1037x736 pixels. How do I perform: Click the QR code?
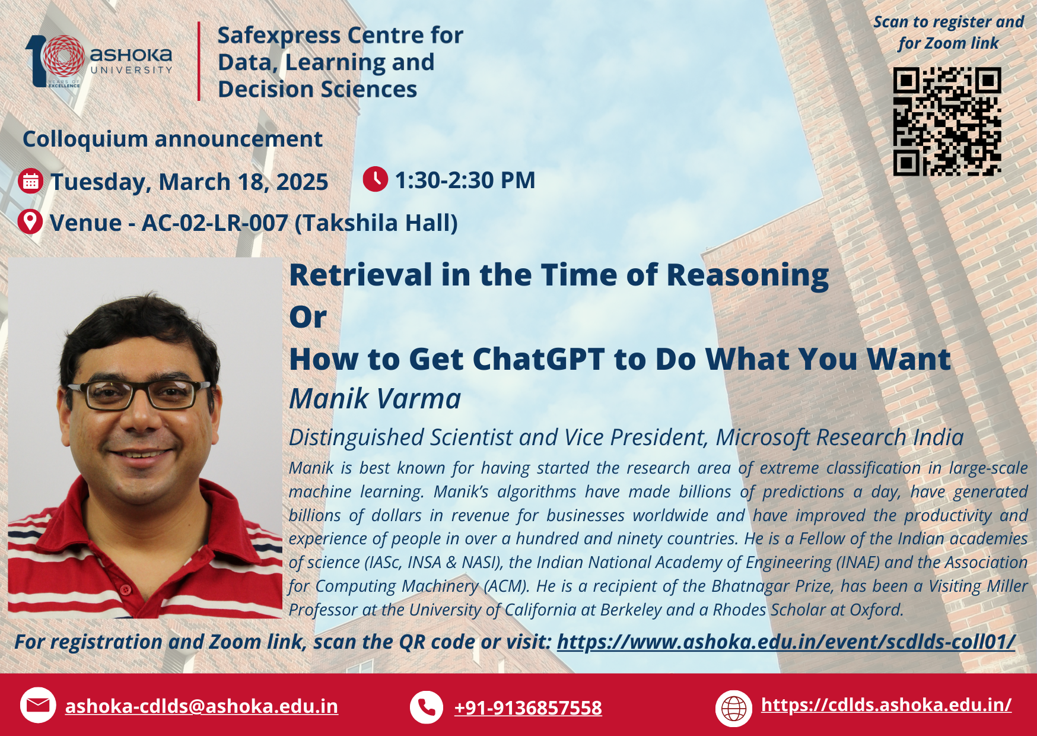[947, 122]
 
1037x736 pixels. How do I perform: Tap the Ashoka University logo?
[99, 61]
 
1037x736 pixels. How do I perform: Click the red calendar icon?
[31, 182]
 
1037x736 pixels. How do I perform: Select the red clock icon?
[376, 179]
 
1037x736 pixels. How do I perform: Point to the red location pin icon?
[30, 222]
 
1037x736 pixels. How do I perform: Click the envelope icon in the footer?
[38, 705]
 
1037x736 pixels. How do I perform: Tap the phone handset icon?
[427, 707]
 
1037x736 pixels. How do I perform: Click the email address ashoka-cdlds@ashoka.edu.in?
[202, 706]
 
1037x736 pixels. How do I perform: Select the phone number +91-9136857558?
[528, 708]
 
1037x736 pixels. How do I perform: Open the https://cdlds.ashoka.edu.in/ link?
[886, 705]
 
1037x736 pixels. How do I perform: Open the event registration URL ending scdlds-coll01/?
[786, 642]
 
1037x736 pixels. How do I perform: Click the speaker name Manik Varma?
[375, 398]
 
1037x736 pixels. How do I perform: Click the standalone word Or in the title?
[308, 317]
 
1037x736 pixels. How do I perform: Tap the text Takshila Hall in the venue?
[376, 223]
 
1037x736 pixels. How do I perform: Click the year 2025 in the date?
[302, 182]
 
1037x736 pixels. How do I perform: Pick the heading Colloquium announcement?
[173, 139]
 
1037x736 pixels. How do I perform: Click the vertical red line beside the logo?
[199, 61]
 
